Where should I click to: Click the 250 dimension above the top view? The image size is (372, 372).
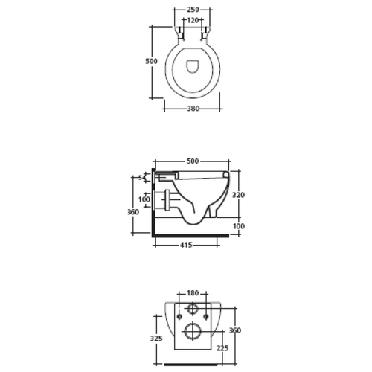(193, 10)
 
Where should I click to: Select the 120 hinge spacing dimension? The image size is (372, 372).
(193, 20)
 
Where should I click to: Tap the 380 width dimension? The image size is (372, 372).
(193, 109)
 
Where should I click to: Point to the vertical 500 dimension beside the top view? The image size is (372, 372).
(151, 61)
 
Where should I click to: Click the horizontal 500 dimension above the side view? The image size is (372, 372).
(193, 161)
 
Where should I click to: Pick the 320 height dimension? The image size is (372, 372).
(238, 195)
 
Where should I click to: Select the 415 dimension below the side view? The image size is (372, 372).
(186, 245)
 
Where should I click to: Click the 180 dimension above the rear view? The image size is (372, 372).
(193, 293)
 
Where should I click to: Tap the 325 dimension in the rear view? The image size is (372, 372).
(156, 339)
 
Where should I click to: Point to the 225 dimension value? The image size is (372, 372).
(222, 348)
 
